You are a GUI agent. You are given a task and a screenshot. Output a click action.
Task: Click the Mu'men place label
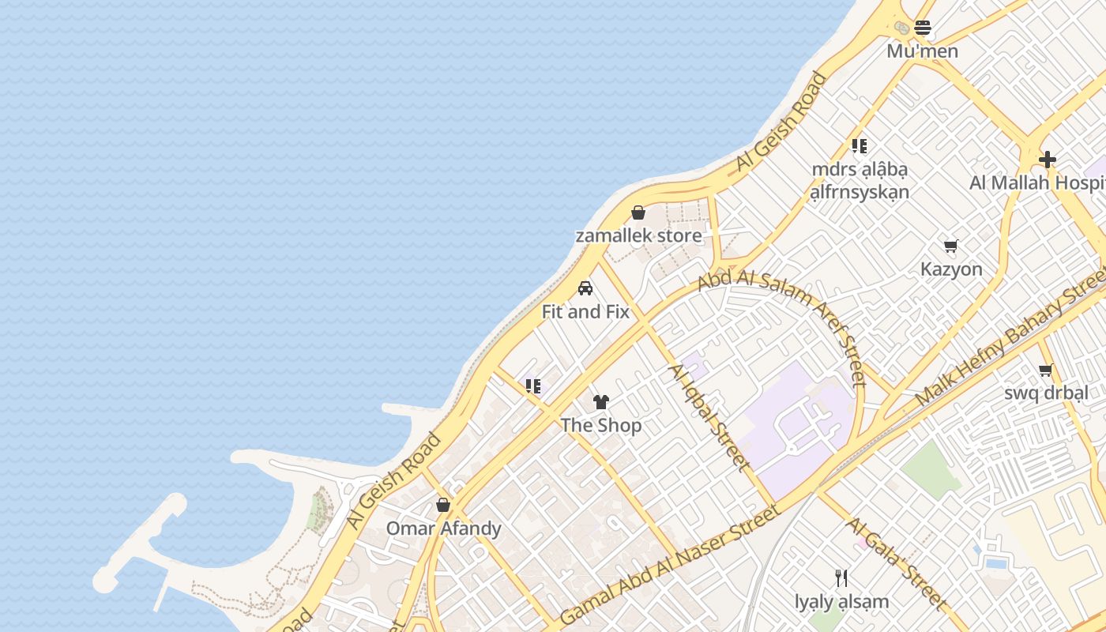(x=922, y=51)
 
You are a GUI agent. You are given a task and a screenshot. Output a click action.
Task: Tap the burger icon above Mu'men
(x=923, y=28)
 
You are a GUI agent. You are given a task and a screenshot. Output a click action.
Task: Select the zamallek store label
(x=638, y=235)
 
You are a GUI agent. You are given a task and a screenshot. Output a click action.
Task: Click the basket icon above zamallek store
(x=638, y=213)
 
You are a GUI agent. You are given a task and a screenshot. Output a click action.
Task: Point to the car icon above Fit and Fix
(x=585, y=288)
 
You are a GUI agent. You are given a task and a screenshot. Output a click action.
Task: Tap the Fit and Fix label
(x=585, y=312)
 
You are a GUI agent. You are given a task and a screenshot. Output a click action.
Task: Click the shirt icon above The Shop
(x=601, y=402)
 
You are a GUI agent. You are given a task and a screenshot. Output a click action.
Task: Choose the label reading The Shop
(x=601, y=425)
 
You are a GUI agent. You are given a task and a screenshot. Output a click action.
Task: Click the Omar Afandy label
(x=443, y=528)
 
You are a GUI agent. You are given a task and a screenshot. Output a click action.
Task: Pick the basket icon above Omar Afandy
(x=443, y=505)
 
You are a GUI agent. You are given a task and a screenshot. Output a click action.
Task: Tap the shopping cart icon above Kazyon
(x=951, y=246)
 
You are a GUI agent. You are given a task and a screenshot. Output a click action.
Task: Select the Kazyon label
(x=951, y=269)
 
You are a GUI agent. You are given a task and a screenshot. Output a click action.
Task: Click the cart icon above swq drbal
(x=1046, y=370)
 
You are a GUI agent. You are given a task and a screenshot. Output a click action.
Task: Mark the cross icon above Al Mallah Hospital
(x=1048, y=160)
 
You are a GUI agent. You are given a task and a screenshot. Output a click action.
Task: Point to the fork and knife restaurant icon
(x=842, y=578)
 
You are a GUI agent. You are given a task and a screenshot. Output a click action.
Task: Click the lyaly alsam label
(x=842, y=602)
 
